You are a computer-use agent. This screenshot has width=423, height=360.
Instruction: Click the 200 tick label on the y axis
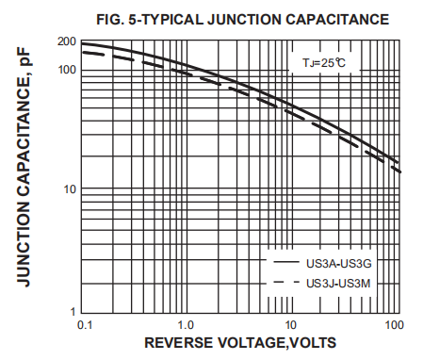point(66,41)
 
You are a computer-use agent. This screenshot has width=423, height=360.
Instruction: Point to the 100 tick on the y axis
point(66,70)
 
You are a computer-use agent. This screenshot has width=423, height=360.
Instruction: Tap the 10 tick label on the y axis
point(69,189)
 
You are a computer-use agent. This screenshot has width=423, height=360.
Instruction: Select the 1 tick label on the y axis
point(72,311)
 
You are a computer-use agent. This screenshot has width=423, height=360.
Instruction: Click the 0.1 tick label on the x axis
point(83,325)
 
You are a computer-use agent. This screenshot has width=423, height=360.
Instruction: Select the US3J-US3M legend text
point(338,283)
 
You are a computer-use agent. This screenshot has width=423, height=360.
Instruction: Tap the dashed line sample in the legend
point(285,283)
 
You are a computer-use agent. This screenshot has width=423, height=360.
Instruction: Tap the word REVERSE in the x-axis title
point(180,343)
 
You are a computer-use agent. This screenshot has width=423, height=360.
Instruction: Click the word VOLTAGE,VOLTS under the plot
point(276,343)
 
